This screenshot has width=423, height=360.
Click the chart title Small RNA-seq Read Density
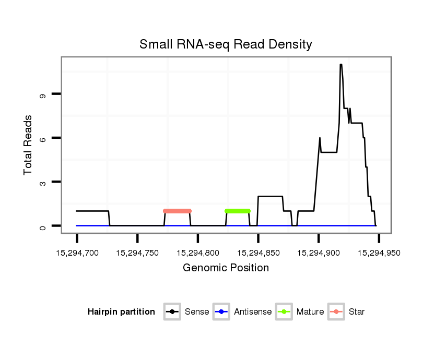tap(226, 44)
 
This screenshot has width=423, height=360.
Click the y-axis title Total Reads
tap(28, 145)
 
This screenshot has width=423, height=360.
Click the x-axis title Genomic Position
tap(226, 268)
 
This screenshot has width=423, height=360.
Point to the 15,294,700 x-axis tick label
tap(77, 253)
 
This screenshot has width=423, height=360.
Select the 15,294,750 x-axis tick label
tap(137, 253)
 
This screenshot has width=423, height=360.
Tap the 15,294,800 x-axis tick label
tap(198, 253)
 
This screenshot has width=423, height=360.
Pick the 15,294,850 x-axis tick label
tap(258, 253)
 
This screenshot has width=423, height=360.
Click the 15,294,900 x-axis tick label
tap(319, 253)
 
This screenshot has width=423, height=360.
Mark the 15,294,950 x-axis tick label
tap(379, 253)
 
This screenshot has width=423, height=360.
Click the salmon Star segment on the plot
tap(178, 211)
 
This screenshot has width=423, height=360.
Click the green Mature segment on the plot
tap(238, 211)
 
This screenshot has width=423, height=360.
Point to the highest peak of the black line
tap(341, 65)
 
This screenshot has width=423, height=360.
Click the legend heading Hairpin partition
tap(121, 312)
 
